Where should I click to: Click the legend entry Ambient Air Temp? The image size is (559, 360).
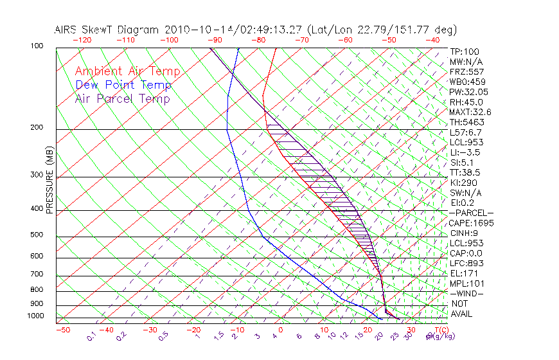click(x=128, y=71)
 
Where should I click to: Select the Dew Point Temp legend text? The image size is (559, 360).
click(x=123, y=85)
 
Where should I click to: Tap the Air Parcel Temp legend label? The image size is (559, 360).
click(x=123, y=98)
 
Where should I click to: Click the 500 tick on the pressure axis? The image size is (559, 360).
click(x=36, y=235)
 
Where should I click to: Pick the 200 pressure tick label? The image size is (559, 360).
click(x=36, y=127)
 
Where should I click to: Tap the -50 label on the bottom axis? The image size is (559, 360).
click(x=62, y=330)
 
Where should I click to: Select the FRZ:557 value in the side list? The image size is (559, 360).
click(x=466, y=72)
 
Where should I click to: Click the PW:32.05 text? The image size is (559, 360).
click(x=468, y=92)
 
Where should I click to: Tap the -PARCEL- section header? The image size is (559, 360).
click(x=472, y=213)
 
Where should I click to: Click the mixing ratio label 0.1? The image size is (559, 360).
click(x=91, y=336)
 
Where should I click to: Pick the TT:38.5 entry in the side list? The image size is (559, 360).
click(x=466, y=172)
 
